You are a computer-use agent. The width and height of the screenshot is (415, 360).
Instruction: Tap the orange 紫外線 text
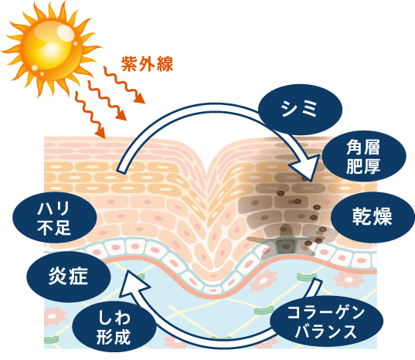click(147, 64)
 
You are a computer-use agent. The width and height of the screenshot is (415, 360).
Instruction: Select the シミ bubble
click(300, 109)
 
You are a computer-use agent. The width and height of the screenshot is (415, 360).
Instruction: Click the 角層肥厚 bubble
click(364, 156)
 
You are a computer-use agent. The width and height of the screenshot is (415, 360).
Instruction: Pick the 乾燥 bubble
click(372, 217)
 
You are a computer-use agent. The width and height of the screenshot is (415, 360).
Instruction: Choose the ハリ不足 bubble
click(55, 217)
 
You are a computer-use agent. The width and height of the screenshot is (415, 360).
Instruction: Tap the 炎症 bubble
click(68, 277)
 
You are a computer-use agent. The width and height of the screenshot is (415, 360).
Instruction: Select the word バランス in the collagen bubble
click(326, 331)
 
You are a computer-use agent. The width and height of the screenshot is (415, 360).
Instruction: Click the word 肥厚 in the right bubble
click(364, 166)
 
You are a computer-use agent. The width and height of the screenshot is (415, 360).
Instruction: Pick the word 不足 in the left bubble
click(55, 228)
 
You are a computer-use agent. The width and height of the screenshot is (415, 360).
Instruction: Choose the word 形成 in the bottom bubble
click(114, 338)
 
